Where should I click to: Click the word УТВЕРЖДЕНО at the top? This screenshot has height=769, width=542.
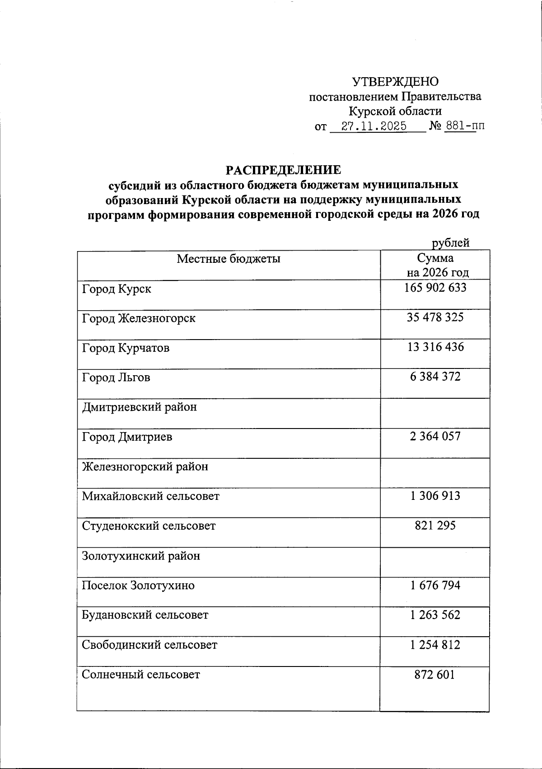tap(395, 82)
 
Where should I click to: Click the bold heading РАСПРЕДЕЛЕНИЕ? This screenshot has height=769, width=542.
tap(283, 170)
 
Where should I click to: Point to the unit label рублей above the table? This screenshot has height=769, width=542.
tap(450, 243)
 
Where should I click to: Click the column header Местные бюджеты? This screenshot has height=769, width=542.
tap(229, 259)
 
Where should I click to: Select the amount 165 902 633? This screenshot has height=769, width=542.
tap(435, 288)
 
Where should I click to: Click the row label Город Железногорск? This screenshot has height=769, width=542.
tap(139, 318)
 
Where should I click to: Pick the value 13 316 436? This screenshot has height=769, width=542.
tap(435, 347)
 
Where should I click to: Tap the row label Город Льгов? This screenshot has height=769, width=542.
tap(116, 378)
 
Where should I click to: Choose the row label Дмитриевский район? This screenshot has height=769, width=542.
tap(139, 407)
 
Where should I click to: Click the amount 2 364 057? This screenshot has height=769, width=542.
tap(435, 436)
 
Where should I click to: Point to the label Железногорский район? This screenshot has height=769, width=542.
tap(145, 466)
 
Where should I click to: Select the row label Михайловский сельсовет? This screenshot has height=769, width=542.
tap(150, 496)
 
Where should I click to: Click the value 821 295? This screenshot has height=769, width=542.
tap(435, 525)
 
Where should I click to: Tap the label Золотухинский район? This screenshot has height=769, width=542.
tap(140, 556)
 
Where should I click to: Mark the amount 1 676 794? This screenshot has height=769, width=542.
tap(435, 585)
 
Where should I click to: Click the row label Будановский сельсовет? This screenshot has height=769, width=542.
tap(145, 615)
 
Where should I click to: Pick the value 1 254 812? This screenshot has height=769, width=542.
tap(435, 645)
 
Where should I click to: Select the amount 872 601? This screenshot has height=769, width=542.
tap(435, 675)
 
